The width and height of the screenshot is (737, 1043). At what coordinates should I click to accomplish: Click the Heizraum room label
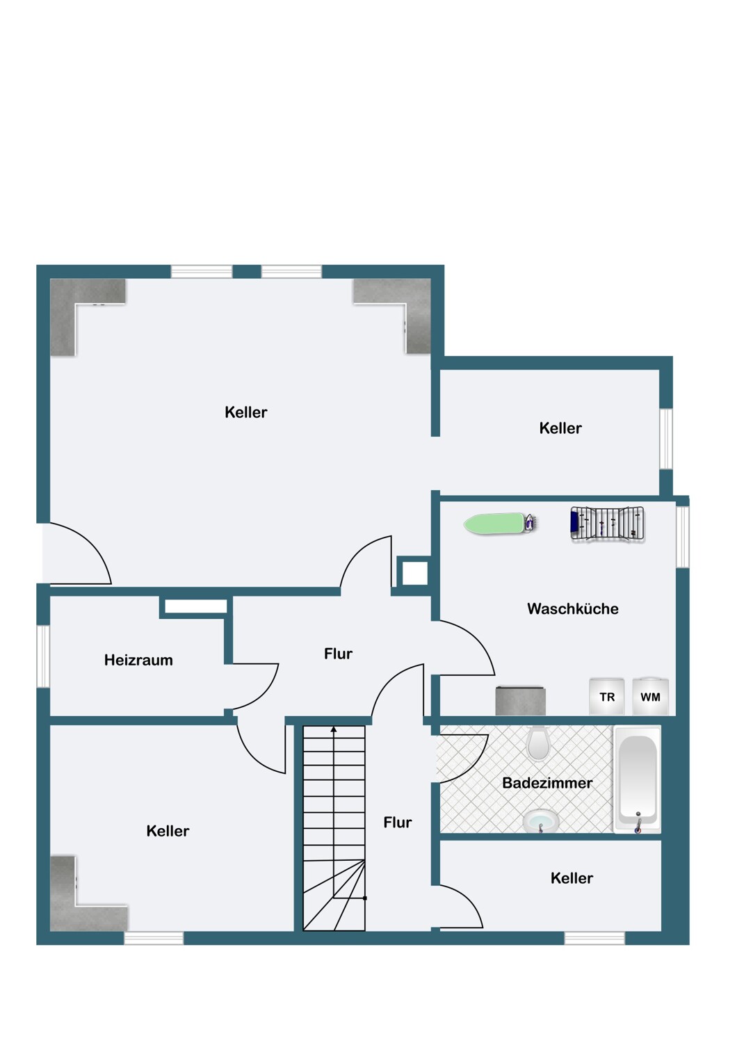[138, 661]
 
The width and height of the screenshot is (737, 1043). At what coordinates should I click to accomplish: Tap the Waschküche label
[573, 608]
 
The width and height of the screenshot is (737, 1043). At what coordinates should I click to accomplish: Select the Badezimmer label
[547, 783]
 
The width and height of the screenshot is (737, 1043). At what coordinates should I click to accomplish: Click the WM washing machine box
[650, 696]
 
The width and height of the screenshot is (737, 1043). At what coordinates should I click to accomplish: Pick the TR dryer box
[607, 696]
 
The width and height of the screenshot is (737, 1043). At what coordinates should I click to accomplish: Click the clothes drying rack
[608, 524]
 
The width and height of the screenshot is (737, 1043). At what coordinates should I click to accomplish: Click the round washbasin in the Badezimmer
[540, 820]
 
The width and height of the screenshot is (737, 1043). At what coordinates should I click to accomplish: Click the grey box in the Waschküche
[521, 700]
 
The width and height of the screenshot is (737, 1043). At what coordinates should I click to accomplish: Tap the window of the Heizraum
[43, 656]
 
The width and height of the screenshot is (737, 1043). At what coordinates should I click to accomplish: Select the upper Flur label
[338, 654]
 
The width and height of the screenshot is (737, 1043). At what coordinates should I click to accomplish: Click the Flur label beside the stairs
[398, 823]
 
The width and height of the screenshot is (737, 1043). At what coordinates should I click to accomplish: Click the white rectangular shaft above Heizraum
[196, 606]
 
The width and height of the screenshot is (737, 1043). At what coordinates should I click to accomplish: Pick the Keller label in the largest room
[246, 412]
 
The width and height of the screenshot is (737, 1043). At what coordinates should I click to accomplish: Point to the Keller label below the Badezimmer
[572, 878]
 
